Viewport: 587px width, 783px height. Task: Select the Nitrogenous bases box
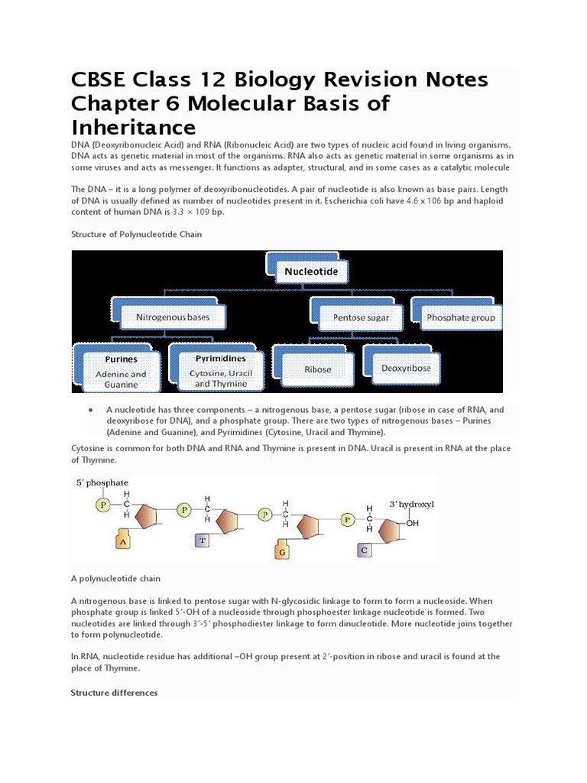pos(172,316)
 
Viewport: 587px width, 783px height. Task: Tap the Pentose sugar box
pos(360,317)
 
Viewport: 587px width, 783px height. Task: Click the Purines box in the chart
pos(121,368)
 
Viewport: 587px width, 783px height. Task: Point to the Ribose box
pos(318,369)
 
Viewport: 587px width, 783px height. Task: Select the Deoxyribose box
pos(405,368)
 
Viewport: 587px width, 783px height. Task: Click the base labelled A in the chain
pos(125,541)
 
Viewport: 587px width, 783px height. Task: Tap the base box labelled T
pos(203,540)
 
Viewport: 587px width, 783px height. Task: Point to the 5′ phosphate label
pos(101,483)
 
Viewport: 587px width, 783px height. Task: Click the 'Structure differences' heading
pos(114,693)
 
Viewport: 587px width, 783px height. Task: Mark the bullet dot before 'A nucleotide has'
pos(91,410)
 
